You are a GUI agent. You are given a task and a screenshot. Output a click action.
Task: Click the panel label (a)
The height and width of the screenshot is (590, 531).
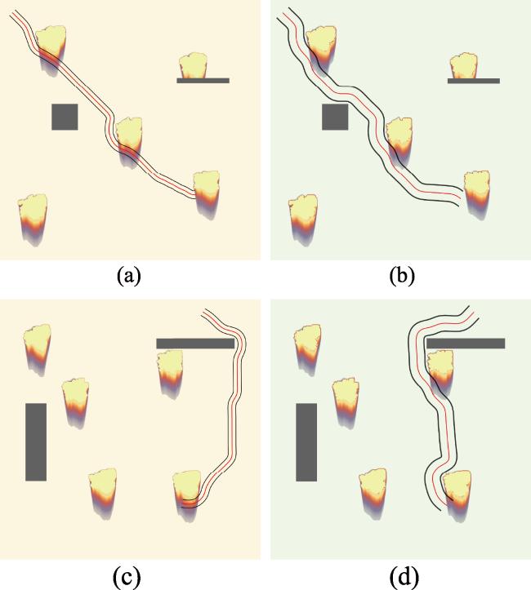coord(129,276)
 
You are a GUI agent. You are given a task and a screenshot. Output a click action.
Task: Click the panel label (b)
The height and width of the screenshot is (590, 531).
coord(402,276)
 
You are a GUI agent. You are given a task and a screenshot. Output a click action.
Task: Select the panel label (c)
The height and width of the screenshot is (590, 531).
coord(127,576)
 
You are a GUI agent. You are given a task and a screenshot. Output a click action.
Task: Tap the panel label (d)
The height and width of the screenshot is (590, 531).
coord(405,576)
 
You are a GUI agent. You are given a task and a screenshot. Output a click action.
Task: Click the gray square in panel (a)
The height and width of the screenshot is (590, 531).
coord(65,117)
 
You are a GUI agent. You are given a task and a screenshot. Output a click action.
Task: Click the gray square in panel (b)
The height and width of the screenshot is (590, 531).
coord(335,117)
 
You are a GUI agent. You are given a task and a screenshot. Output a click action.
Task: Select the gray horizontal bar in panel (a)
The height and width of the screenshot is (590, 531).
coord(203,81)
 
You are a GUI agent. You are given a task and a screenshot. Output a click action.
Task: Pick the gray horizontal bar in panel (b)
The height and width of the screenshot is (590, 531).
coord(473,81)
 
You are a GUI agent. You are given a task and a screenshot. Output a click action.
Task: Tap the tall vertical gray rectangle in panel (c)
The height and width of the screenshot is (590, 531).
coord(36,442)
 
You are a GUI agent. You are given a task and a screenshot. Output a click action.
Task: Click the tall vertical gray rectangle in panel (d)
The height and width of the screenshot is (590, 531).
coord(306,442)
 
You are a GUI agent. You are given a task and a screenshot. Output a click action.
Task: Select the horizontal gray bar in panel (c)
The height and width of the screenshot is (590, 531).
coord(195,344)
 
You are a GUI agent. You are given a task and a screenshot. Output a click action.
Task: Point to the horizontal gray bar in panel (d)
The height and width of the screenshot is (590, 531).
coord(466,344)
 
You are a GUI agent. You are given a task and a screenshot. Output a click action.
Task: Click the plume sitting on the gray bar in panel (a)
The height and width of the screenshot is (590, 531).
coord(194,66)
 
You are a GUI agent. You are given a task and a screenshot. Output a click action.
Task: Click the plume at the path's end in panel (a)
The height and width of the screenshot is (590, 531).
coord(207,193)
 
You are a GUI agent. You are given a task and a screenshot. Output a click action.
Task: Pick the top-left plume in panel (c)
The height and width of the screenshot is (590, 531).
coord(37,348)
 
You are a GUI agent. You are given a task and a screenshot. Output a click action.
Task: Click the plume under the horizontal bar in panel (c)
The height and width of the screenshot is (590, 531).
coord(170,372)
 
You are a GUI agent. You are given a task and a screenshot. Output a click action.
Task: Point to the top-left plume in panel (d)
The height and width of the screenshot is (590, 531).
coord(307,348)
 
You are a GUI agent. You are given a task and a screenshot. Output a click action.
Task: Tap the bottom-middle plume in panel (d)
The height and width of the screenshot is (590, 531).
coord(373,493)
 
